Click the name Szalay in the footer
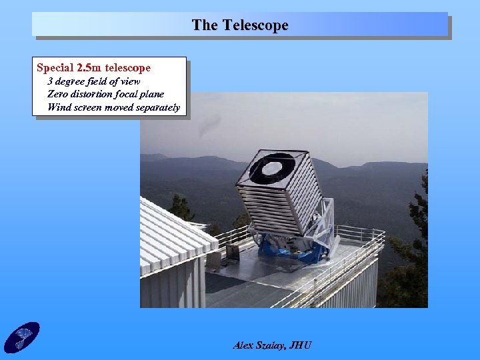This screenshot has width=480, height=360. [273, 345]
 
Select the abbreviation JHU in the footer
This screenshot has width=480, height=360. [301, 345]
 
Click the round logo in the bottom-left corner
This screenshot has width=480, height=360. [22, 337]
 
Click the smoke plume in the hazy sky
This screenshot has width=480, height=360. [210, 124]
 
